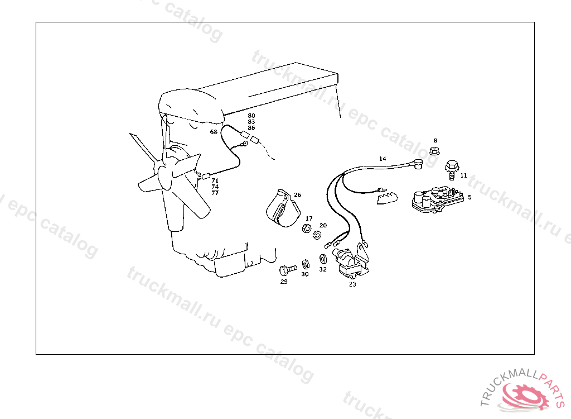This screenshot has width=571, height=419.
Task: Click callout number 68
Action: pos(214,132)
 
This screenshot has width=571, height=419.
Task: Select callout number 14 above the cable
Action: pos(383,159)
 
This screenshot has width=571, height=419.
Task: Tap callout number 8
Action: pos(435,141)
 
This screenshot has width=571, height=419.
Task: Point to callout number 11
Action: pos(463,175)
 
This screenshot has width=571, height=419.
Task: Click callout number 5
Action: pos(470,197)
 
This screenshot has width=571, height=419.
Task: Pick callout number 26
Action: pos(297,195)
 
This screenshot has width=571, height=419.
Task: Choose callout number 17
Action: pos(309,218)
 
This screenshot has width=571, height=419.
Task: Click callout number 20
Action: pos(323,225)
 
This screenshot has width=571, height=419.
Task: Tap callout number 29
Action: pos(284,282)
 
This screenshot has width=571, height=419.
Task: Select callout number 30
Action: pos(305,274)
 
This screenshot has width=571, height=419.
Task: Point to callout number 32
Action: pos(323,269)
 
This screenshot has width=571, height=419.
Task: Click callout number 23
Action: pos(352,284)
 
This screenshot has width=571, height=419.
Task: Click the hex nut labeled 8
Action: pos(435,150)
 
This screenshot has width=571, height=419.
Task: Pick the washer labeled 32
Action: pos(323,259)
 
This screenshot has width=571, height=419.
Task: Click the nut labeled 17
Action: pos(306,228)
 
